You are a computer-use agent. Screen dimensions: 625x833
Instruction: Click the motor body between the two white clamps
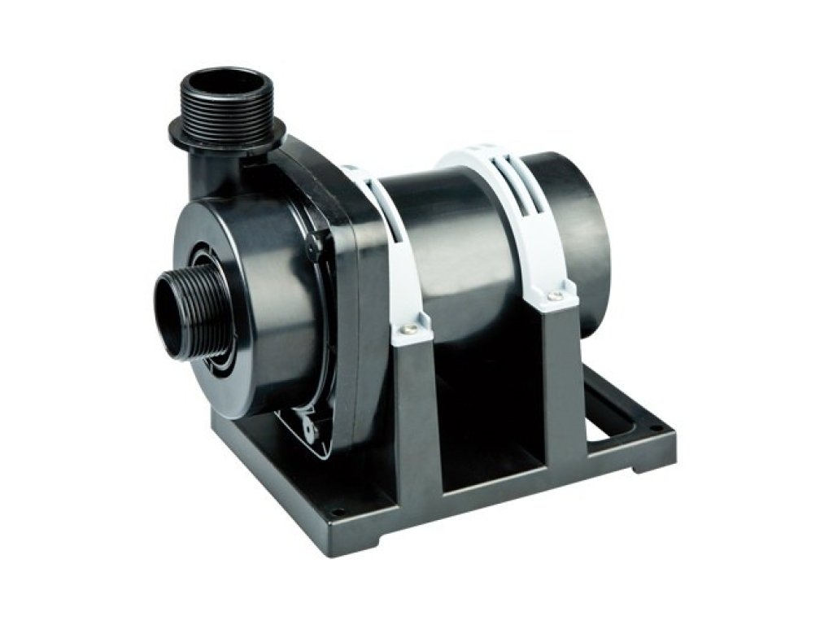click(x=456, y=244)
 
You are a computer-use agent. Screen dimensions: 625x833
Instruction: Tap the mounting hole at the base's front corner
click(x=336, y=511)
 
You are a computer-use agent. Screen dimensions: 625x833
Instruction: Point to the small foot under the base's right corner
click(x=643, y=464)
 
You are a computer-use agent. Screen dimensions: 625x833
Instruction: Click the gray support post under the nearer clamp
click(x=415, y=407)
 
